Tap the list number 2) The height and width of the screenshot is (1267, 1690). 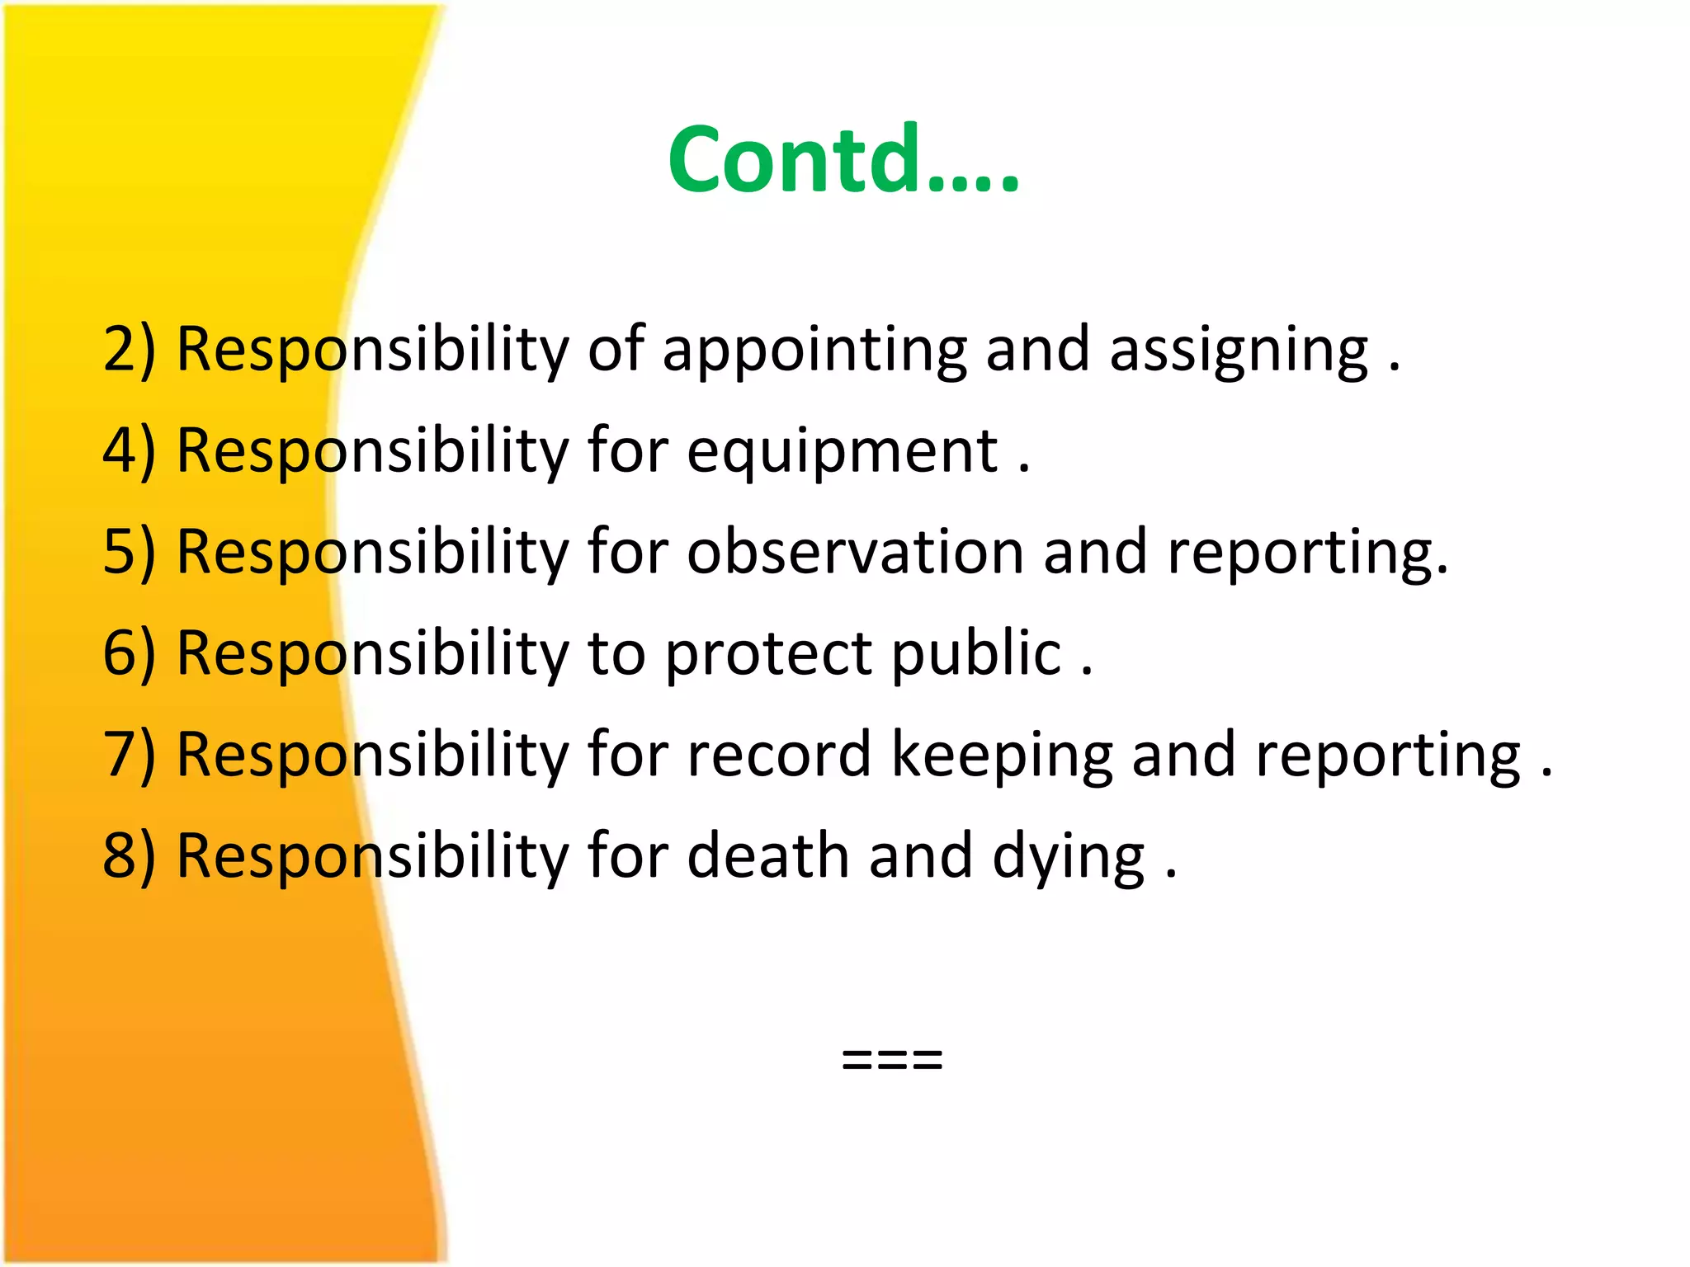129,350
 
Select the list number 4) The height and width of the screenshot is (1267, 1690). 129,451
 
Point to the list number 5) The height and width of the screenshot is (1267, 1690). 129,552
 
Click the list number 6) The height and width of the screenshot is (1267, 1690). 129,653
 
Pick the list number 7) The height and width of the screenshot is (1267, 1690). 129,755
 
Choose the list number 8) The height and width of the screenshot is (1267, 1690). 129,856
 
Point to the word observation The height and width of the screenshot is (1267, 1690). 855,552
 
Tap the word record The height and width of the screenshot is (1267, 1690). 778,755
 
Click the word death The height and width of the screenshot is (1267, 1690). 767,856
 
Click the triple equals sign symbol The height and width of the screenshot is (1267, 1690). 891,1058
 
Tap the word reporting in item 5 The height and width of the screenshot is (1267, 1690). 1307,553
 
